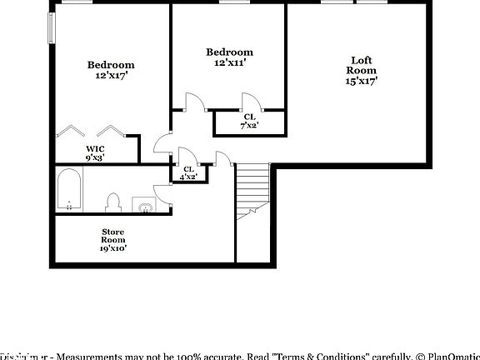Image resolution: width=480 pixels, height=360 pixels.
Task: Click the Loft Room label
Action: [362, 65]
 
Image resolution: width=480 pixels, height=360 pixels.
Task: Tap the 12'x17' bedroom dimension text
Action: [111, 75]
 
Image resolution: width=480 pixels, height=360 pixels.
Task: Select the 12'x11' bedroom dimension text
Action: [229, 62]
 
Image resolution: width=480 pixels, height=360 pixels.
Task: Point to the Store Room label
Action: [113, 236]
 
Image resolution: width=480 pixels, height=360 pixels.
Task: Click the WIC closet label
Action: [95, 152]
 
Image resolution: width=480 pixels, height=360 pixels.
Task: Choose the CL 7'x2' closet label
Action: [249, 121]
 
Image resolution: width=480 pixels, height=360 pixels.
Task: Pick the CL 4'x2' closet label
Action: [188, 172]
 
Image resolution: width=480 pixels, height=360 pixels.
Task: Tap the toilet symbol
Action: [112, 202]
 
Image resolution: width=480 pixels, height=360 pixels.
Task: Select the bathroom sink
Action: [144, 207]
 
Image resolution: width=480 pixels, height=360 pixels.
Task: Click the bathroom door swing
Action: [163, 192]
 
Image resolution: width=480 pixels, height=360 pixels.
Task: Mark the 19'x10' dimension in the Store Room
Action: [113, 247]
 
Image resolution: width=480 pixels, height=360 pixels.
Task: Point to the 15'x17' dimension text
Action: [362, 81]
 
